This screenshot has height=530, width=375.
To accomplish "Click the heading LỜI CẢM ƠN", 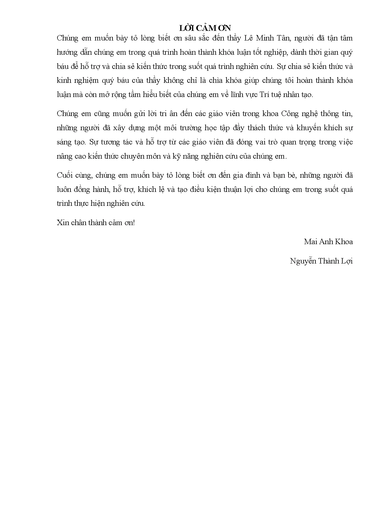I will [x=205, y=28].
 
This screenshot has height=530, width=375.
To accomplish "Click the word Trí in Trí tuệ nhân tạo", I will [x=265, y=95].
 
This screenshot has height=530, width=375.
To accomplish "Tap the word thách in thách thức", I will [x=257, y=128].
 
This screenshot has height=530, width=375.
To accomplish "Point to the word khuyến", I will [x=309, y=128].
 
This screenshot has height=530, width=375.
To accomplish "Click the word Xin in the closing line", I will [x=63, y=223].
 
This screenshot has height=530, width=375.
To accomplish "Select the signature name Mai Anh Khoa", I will [x=328, y=242].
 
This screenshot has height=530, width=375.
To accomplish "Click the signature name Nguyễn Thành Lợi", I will [x=321, y=261].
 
